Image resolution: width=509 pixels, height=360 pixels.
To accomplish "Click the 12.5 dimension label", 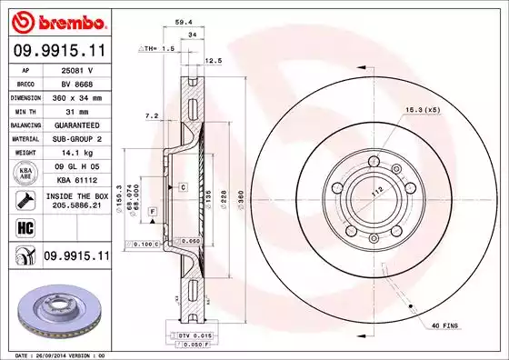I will click(x=215, y=61).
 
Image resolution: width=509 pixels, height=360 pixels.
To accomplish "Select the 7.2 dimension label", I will click(x=152, y=116).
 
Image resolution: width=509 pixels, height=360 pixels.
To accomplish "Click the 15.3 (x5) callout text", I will click(x=423, y=110).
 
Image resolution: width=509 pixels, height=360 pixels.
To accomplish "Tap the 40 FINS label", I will click(x=445, y=325).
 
